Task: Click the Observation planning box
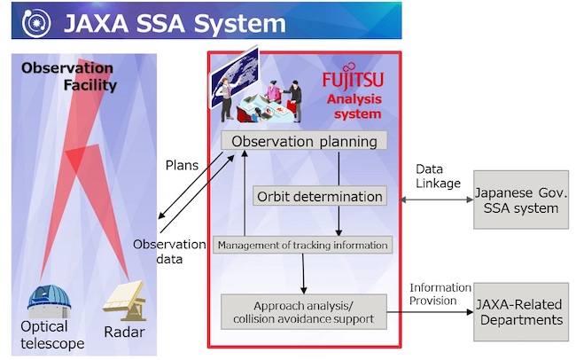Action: coord(304,141)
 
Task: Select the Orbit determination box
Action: coord(319,196)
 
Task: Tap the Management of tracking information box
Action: coord(302,245)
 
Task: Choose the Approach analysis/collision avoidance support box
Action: coord(304,312)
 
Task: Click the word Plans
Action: coord(182,166)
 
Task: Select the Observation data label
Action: coord(157,251)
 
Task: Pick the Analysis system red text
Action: coord(354,106)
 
